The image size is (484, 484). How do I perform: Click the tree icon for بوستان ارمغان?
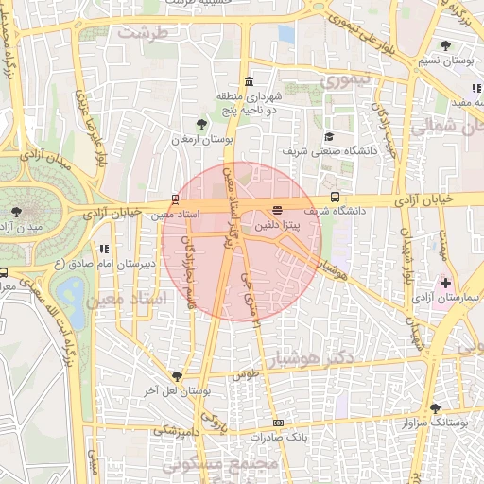200,124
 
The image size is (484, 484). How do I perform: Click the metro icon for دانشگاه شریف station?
337,198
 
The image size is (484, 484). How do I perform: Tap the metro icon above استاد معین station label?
174,199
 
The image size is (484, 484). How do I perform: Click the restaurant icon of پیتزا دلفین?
277,210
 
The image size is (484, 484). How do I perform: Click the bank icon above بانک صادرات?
277,423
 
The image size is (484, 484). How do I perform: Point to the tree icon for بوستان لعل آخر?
176,376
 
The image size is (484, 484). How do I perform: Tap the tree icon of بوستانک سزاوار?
435,408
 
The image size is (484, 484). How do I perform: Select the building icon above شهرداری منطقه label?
249,80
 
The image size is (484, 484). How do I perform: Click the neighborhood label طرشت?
143,31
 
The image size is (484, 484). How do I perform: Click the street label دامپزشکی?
179,431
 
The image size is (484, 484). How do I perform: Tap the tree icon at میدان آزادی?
16,211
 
